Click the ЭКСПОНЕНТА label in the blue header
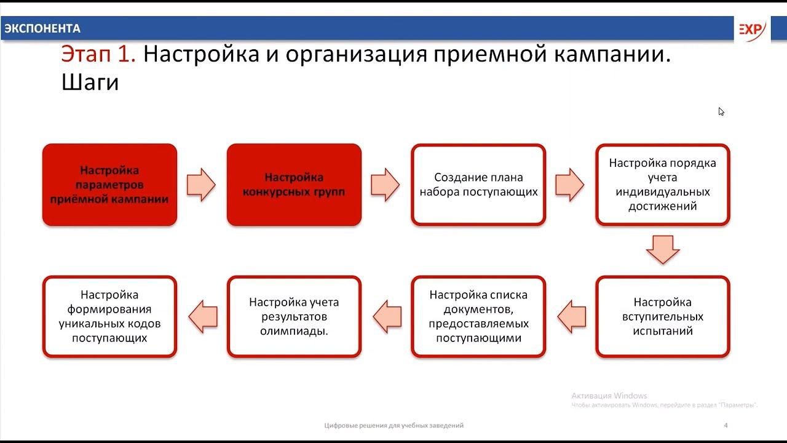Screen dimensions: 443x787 coord(42,28)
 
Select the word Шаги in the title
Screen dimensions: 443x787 coord(90,82)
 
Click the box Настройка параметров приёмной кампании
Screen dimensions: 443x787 coord(109,185)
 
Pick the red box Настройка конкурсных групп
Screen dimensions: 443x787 coord(294,185)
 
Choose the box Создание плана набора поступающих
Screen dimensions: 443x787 coord(478,185)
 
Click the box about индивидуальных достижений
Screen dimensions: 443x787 coord(663,185)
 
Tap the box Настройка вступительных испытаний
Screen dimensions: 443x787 coord(663,316)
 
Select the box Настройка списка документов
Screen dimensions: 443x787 coord(478,316)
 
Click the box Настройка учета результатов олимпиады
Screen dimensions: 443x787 coord(294,316)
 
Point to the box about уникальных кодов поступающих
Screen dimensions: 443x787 coord(109,316)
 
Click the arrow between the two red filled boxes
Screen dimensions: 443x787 coord(201,185)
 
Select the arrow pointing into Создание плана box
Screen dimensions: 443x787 coord(386,185)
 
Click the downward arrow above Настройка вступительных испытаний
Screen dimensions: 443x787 coord(663,249)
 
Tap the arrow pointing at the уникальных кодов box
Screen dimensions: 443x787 coord(202,316)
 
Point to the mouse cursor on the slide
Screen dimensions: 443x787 coord(721,111)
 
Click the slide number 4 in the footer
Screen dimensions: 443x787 coord(726,425)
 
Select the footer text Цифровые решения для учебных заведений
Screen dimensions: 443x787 coord(394,425)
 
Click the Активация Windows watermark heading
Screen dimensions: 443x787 coord(609,396)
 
